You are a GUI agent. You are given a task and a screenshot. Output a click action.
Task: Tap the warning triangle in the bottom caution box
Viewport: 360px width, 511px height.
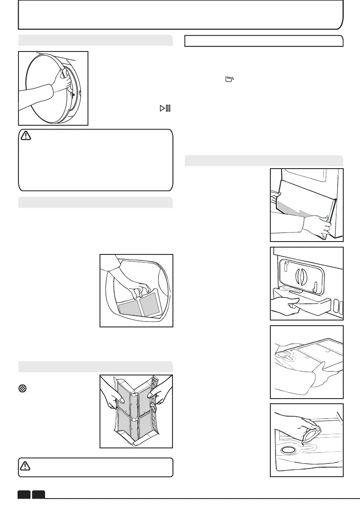tap(27, 466)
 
